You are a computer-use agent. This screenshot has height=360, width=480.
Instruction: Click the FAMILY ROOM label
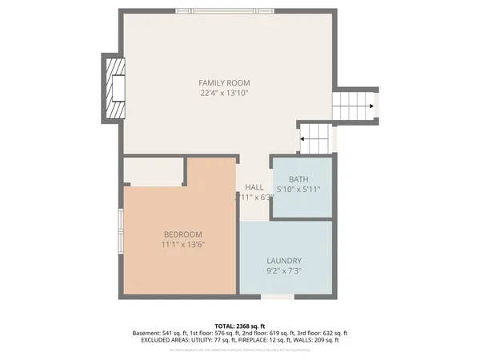(x=225, y=82)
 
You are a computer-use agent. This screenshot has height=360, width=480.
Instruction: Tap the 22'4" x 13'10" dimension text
(x=225, y=94)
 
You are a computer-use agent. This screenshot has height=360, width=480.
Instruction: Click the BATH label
(x=298, y=179)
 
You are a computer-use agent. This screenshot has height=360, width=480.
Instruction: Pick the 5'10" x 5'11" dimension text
(x=298, y=190)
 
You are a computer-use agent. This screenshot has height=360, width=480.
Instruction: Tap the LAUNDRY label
(x=284, y=261)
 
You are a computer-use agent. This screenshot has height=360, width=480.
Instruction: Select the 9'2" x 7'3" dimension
(x=284, y=272)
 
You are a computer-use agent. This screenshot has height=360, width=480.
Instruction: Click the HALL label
(x=254, y=187)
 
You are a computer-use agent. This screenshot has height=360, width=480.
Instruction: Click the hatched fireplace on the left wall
(x=114, y=87)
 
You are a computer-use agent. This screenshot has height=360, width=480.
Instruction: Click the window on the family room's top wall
(x=225, y=10)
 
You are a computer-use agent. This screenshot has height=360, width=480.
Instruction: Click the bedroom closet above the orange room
(x=154, y=171)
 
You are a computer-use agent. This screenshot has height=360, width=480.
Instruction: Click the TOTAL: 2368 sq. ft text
(x=240, y=326)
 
